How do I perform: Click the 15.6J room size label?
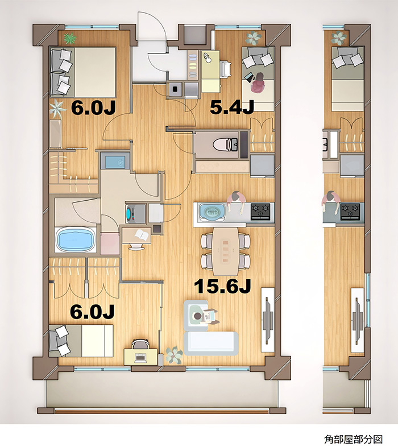(x=222, y=286)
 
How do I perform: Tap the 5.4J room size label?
(x=232, y=107)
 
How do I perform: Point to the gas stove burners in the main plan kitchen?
(x=260, y=211)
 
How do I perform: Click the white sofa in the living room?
(x=211, y=343)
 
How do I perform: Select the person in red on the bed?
(x=258, y=82)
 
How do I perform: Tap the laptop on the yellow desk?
(x=140, y=358)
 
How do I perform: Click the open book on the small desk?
(x=142, y=235)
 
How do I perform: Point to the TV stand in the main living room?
(x=268, y=320)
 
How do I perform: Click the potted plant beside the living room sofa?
(x=173, y=355)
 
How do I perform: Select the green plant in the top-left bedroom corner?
(x=70, y=38)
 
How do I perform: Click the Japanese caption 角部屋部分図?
(x=353, y=439)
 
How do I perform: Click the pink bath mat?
(x=110, y=243)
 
